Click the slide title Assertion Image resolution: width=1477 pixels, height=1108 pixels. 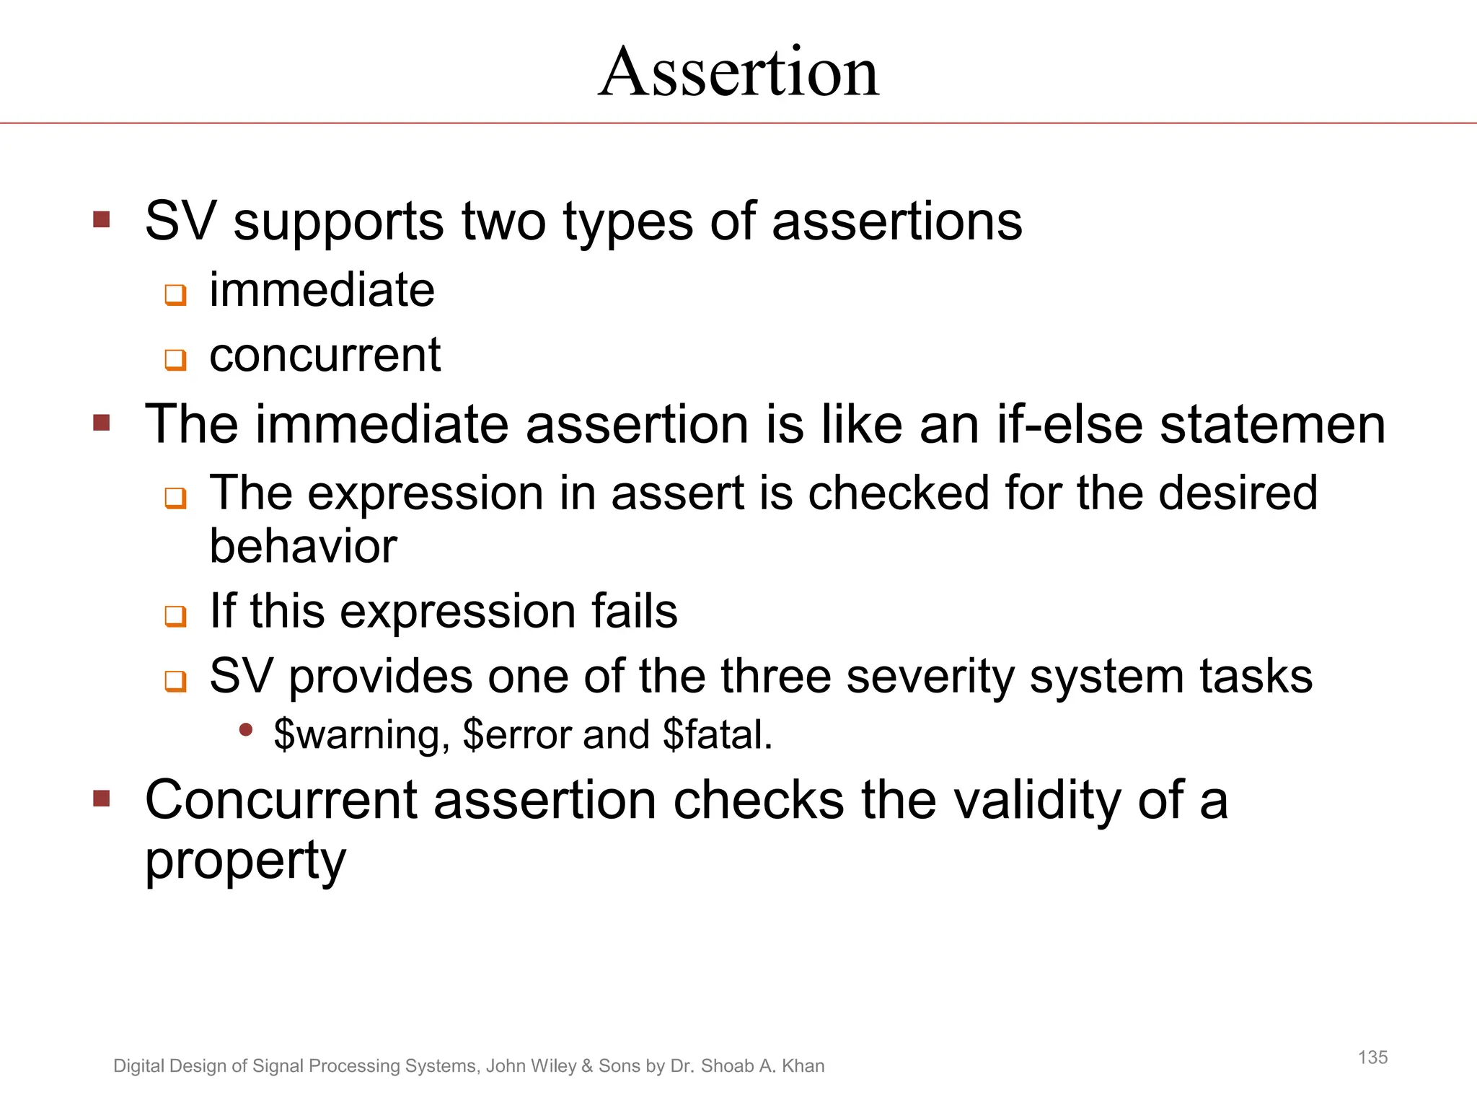click(x=738, y=72)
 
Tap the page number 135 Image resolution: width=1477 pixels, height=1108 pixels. click(x=1372, y=1058)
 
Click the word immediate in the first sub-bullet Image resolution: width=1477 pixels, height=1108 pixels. click(x=322, y=290)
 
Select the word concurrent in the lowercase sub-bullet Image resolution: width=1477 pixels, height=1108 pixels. click(x=325, y=355)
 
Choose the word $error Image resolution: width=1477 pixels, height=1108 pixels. click(x=518, y=735)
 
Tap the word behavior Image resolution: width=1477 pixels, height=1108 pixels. click(x=303, y=546)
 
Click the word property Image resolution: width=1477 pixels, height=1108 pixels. click(x=245, y=861)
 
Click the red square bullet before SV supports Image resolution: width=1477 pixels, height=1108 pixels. click(x=102, y=219)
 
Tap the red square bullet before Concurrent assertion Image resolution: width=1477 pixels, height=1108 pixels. click(x=102, y=799)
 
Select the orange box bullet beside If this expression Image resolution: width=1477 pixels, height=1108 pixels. click(x=175, y=616)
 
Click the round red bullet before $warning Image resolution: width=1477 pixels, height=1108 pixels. click(x=246, y=731)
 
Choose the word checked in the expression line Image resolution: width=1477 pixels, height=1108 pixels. click(x=899, y=493)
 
